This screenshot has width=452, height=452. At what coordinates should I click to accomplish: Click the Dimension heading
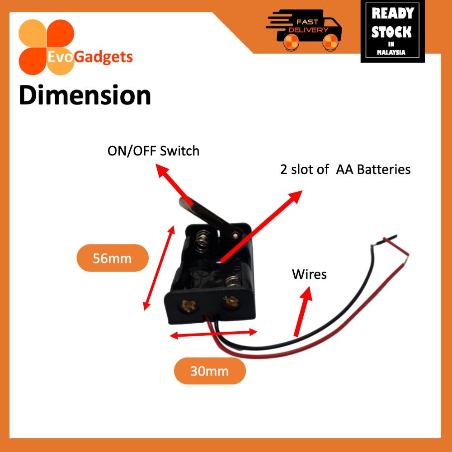(x=85, y=96)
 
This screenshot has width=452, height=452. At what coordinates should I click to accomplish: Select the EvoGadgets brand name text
(x=90, y=57)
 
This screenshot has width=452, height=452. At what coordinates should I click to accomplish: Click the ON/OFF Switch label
(x=153, y=151)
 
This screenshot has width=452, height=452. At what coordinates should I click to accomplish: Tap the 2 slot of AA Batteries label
(x=345, y=169)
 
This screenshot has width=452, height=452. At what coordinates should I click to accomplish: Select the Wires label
(x=309, y=274)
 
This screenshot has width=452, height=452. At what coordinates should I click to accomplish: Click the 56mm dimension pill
(x=112, y=258)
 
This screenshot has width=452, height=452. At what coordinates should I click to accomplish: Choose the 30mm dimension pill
(x=210, y=372)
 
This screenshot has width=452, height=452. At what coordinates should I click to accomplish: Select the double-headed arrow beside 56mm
(x=159, y=268)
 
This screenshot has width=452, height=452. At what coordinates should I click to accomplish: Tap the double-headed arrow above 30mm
(x=213, y=334)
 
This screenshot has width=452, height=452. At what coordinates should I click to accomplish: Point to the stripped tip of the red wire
(x=408, y=259)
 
